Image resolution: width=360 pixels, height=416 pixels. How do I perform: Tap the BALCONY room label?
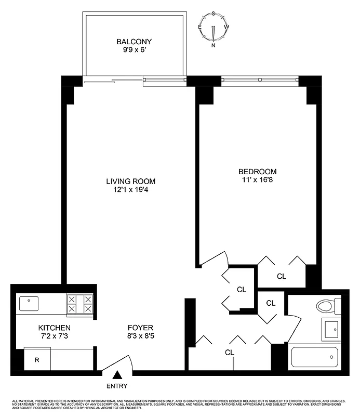[134, 42]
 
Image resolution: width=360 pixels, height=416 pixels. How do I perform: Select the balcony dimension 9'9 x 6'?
[134, 50]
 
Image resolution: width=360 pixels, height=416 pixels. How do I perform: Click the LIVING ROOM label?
[131, 181]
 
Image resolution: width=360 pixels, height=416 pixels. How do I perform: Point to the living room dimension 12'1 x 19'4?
[131, 190]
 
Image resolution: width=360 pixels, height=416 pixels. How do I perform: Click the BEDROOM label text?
[257, 172]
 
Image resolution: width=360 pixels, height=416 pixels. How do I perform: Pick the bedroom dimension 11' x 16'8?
[257, 180]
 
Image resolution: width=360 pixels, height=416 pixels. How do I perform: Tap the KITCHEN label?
[54, 328]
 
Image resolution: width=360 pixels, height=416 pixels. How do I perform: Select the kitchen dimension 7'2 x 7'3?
[54, 337]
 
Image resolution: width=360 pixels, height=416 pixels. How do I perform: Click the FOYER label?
[141, 328]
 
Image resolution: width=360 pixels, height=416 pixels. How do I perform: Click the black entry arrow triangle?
[118, 374]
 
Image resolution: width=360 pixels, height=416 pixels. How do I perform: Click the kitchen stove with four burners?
[79, 304]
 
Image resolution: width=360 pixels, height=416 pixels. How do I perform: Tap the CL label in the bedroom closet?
[281, 277]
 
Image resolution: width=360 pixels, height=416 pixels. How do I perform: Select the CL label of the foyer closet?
[229, 352]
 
